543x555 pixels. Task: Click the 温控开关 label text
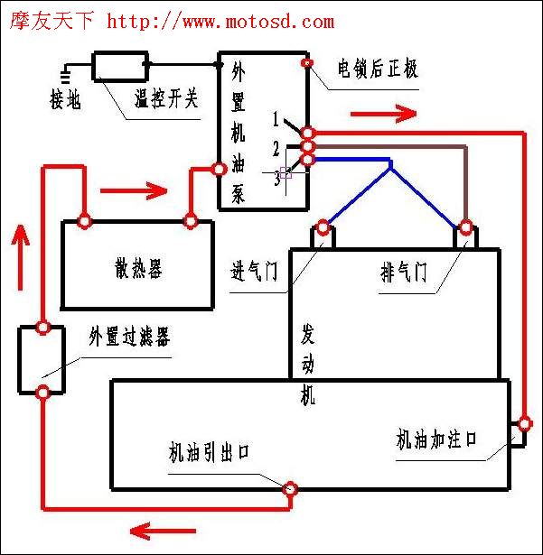click(166, 98)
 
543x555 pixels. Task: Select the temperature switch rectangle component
click(120, 66)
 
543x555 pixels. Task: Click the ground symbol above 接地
click(65, 74)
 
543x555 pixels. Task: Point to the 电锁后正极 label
click(378, 68)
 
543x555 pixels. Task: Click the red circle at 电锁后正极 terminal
click(307, 63)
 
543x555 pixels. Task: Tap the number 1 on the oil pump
click(276, 119)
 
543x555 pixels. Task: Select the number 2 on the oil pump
click(276, 148)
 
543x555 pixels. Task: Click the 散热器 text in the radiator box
click(138, 268)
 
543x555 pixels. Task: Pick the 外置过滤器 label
click(130, 336)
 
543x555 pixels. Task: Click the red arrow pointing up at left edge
click(20, 257)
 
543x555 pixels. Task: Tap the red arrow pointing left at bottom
click(163, 531)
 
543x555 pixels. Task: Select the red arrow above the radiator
click(134, 190)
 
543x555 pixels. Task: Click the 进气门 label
click(254, 271)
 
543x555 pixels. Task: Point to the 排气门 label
click(403, 272)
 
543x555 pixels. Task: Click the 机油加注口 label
click(436, 439)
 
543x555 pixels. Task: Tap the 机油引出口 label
click(209, 452)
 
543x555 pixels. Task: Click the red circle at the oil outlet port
click(290, 489)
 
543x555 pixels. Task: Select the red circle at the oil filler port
click(525, 423)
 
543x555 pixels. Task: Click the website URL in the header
click(220, 22)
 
